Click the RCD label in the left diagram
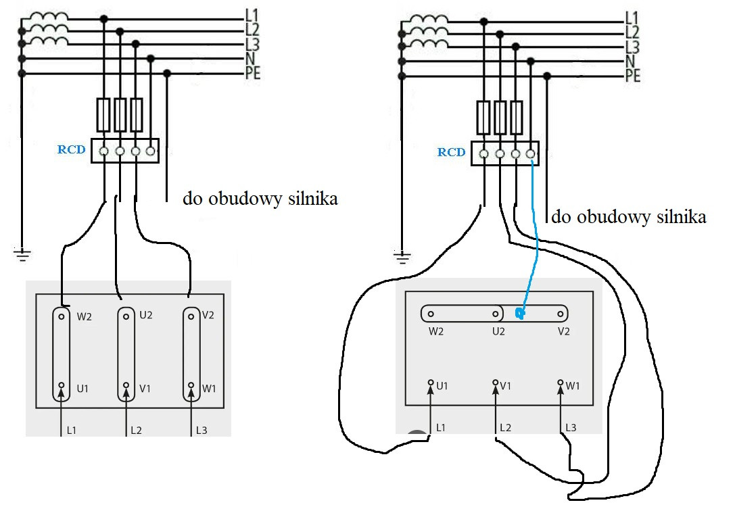71,149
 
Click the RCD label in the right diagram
451,152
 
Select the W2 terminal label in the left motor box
85,315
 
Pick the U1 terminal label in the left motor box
82,389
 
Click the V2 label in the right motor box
563,331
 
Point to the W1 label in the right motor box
573,386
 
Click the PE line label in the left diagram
252,74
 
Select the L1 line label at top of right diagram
632,17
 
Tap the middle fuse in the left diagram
120,114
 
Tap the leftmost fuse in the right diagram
483,118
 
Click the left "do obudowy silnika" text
260,200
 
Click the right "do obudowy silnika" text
629,218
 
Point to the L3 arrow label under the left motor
202,429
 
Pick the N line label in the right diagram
632,62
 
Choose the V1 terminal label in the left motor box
145,389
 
